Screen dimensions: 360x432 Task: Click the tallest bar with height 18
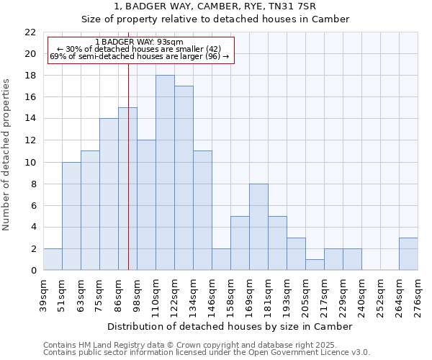click(165, 173)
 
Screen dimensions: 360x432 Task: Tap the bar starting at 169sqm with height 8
click(258, 227)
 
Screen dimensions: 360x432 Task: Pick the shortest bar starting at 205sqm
click(315, 264)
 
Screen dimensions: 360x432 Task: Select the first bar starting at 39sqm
click(53, 259)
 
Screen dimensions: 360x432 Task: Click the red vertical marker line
click(128, 180)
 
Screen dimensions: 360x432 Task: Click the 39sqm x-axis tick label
click(44, 294)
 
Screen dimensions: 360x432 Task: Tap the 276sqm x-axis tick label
click(418, 294)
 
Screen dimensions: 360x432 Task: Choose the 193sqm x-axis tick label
click(287, 294)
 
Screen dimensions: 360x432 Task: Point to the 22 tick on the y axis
click(30, 32)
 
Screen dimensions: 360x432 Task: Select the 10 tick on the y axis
click(30, 162)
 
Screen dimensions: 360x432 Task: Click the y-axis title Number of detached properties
click(7, 155)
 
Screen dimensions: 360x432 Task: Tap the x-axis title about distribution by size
click(230, 326)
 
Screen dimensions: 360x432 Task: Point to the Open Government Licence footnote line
click(207, 353)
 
